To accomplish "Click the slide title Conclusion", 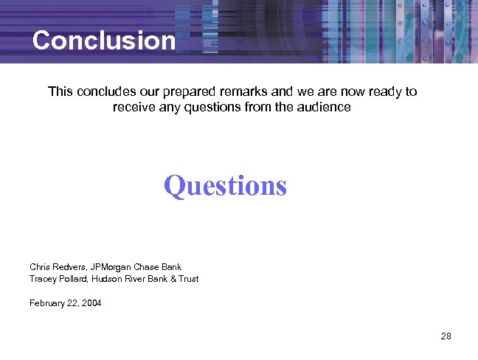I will point(104,40).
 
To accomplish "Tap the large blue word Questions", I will point(225,185).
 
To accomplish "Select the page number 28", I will point(446,336).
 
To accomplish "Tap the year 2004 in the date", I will point(91,303).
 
